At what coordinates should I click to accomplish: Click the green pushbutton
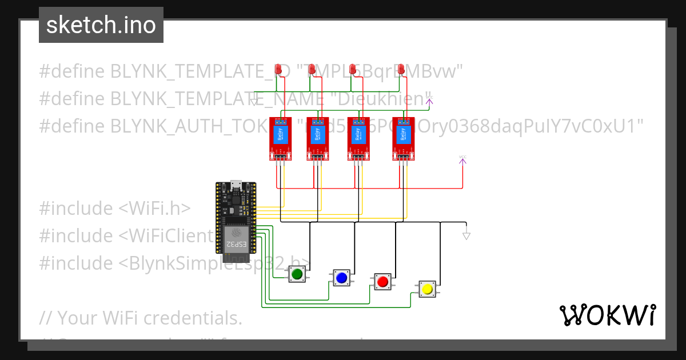297,275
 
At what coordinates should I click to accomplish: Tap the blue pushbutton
341,278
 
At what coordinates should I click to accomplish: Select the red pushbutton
382,281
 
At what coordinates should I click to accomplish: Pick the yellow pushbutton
426,289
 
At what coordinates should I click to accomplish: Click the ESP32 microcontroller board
236,218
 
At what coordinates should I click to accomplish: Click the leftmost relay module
280,138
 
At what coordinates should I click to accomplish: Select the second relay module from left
317,138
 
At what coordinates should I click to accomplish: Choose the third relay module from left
358,138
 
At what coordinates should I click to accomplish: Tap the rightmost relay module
402,138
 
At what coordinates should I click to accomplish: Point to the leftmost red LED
278,70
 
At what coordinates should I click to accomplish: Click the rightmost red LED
401,70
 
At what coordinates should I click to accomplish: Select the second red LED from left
312,70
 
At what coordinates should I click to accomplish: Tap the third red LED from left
353,70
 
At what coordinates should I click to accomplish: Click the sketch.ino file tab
101,25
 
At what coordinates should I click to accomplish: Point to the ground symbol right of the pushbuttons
466,235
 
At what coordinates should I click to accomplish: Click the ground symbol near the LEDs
254,102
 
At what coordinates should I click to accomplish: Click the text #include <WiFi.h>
115,209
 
